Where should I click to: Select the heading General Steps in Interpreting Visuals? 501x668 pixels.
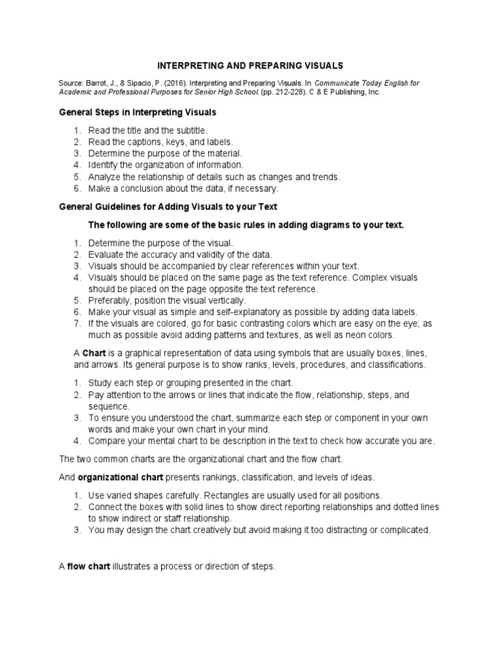(x=138, y=112)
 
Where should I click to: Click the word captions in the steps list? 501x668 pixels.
(x=142, y=142)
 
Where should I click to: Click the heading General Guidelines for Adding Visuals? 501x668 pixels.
(x=168, y=207)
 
